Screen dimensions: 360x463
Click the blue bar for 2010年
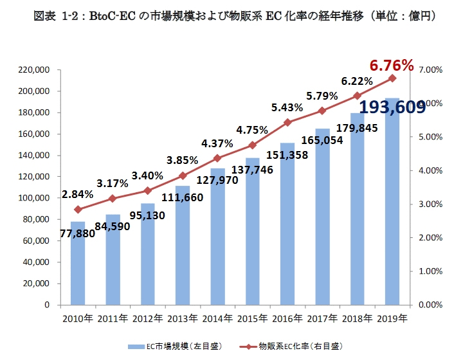point(78,263)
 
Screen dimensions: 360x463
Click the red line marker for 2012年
point(148,190)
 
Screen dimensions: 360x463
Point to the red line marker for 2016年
point(287,122)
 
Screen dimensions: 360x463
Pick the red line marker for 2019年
point(392,78)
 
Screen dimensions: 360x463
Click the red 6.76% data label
point(391,66)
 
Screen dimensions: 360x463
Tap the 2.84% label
point(78,194)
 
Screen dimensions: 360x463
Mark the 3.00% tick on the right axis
point(429,204)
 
